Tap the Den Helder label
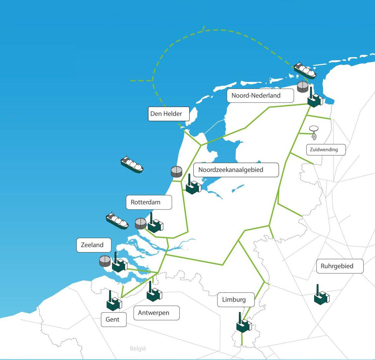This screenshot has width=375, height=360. pos(169,114)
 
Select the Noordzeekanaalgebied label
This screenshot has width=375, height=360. pos(235,170)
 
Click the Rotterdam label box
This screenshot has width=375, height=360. pos(149,202)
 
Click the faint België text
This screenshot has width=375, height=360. pos(138,349)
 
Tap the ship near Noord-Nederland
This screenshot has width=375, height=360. pos(304,70)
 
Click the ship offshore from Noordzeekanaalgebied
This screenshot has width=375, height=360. pos(132,164)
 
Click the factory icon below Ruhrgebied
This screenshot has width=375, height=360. pos(321,296)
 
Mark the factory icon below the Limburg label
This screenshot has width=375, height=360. pos(244,324)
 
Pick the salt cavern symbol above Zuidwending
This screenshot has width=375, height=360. pos(313,132)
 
